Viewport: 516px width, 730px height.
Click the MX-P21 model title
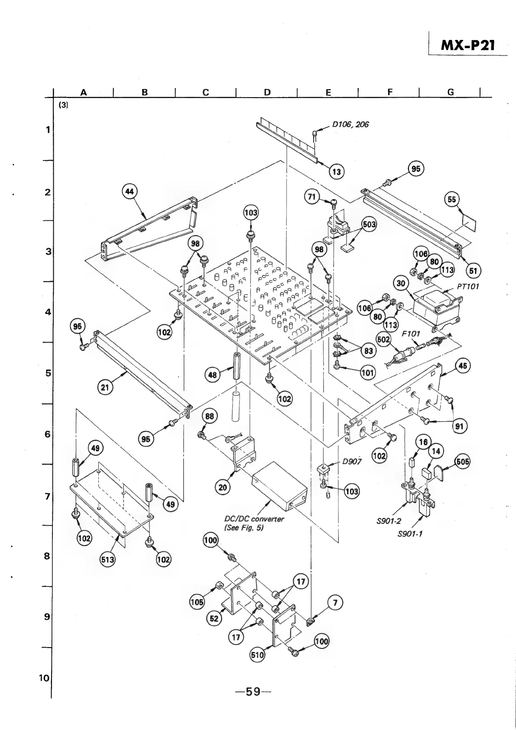(x=467, y=45)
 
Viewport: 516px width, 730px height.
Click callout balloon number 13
(x=336, y=172)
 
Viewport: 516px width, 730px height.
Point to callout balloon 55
(x=452, y=199)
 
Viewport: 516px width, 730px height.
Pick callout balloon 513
(x=108, y=559)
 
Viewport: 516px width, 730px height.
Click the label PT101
(x=467, y=287)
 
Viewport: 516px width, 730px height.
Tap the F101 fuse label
(x=411, y=334)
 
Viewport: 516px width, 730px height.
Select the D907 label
(x=352, y=462)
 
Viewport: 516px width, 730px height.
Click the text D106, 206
(x=350, y=124)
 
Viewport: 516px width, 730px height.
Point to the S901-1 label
(x=409, y=534)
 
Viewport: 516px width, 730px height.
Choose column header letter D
(x=267, y=92)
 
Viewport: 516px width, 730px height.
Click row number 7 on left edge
(x=47, y=496)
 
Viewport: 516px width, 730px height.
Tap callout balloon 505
(x=462, y=462)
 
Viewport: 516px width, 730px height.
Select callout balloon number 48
(x=212, y=374)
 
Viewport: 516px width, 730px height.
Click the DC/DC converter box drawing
(x=279, y=484)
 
